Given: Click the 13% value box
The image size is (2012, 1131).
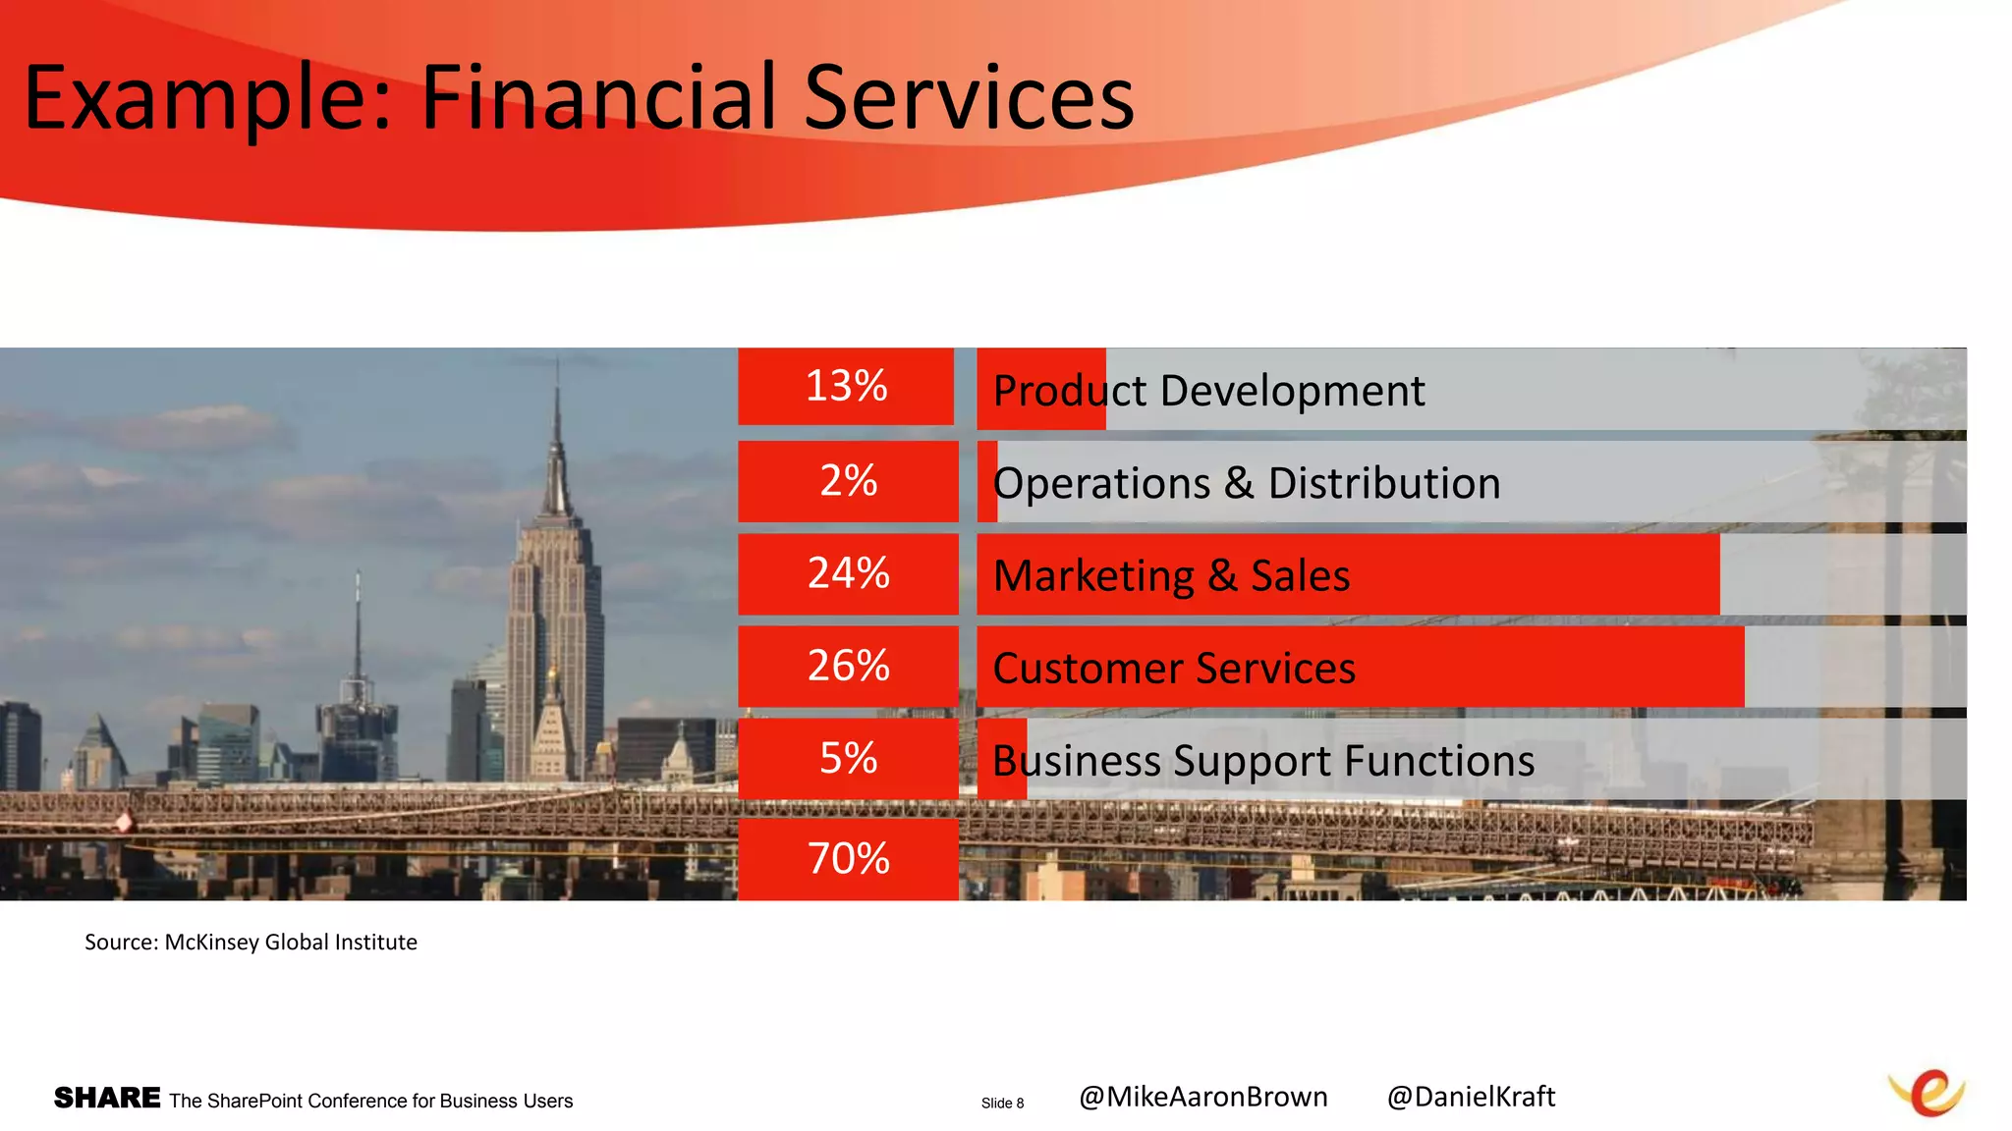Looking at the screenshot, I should [846, 386].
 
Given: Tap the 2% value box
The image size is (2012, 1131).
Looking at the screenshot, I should [848, 481].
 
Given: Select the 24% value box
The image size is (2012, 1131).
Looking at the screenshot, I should [848, 573].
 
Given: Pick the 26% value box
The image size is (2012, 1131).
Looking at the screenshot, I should [848, 666].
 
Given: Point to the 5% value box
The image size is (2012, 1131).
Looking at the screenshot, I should [848, 758].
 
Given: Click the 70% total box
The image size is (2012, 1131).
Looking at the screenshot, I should [848, 859].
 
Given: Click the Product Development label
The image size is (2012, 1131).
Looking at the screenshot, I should [1208, 391].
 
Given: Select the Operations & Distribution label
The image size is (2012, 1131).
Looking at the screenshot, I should [1247, 483].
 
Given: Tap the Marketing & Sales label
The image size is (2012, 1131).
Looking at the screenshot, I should [1171, 575].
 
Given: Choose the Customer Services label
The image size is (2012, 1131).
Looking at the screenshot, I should [1174, 669].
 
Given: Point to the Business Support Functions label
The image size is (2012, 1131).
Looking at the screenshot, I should [1263, 761].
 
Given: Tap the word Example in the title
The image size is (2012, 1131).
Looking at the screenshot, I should [207, 98].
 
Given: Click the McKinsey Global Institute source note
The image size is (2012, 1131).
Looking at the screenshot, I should [251, 942].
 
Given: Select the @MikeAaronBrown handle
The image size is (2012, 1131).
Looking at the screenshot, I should [1202, 1097].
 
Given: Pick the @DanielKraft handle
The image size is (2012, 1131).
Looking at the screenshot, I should [1471, 1097].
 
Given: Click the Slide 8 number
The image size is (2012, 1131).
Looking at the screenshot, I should [1002, 1104].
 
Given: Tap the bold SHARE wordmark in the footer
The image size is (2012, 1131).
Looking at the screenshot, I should [107, 1098].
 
